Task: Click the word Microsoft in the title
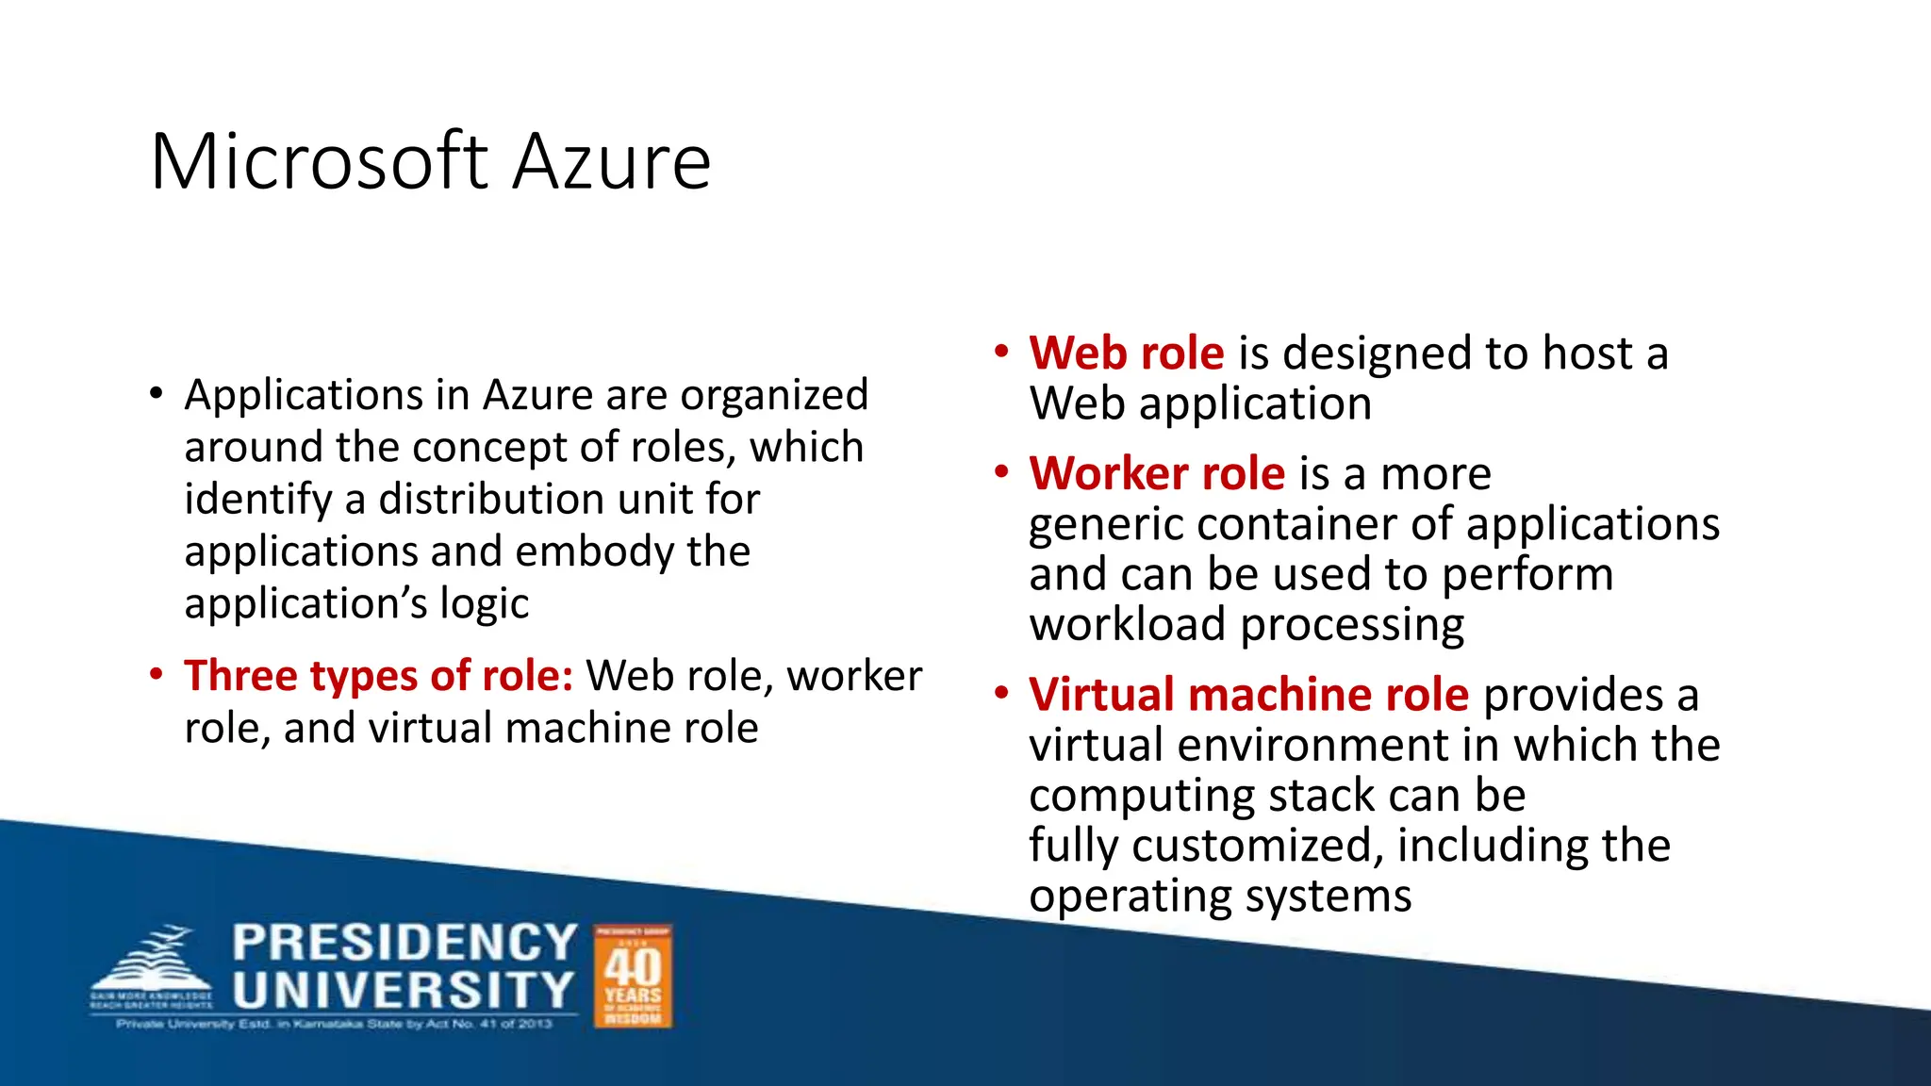tap(319, 162)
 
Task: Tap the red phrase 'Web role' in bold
tap(1127, 354)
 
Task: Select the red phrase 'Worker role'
tap(1157, 473)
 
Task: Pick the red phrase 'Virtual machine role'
tap(1248, 695)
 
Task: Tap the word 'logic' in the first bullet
tap(484, 604)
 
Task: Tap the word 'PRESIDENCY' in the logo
tap(404, 943)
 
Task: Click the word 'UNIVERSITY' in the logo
tap(404, 991)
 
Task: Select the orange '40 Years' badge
tap(633, 976)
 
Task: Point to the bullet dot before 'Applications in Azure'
tap(156, 394)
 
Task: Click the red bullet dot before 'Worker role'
tap(1001, 471)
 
